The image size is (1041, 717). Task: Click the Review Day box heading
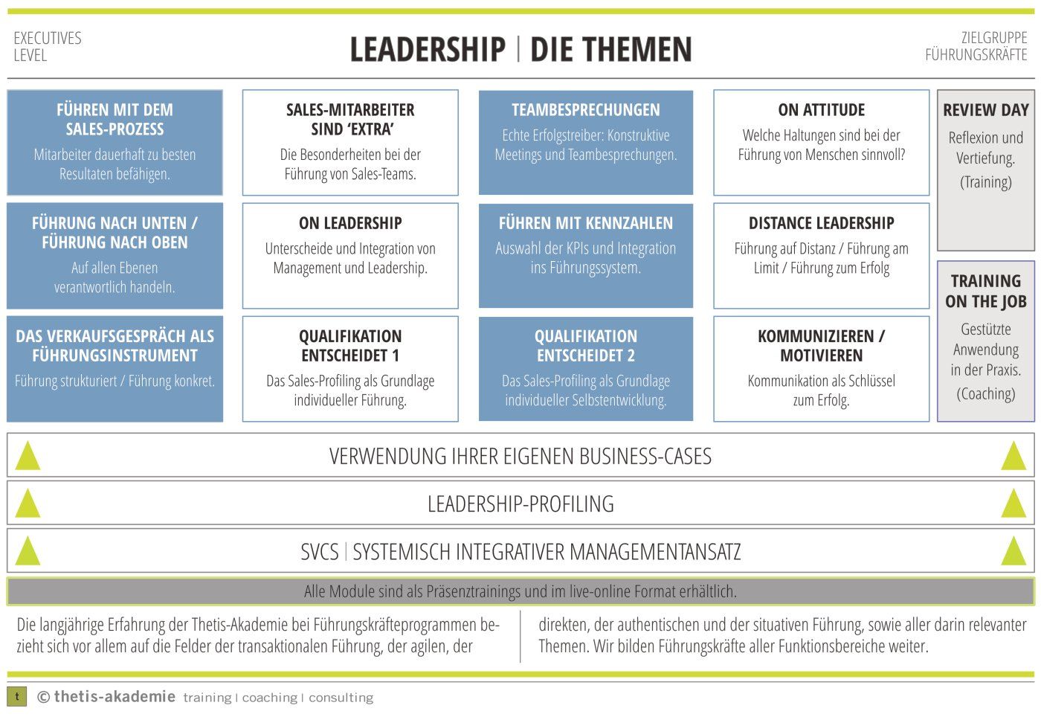click(x=985, y=110)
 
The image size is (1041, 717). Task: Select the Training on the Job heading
click(x=985, y=291)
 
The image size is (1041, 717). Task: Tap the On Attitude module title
click(x=821, y=110)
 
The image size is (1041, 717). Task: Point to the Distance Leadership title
click(x=821, y=223)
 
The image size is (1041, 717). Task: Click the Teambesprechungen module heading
click(x=585, y=110)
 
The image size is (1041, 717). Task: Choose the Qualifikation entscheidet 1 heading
click(x=350, y=346)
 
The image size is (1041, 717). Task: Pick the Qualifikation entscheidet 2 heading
click(x=585, y=346)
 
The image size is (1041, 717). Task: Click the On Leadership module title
click(x=350, y=223)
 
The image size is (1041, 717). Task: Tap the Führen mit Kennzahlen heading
click(x=585, y=223)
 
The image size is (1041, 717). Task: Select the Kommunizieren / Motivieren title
click(x=821, y=346)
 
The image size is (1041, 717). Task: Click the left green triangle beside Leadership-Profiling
click(x=28, y=504)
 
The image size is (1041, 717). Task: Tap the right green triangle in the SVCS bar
click(x=1013, y=551)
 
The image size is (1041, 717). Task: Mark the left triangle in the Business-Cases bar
click(x=28, y=456)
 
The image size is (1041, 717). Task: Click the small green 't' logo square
click(x=16, y=697)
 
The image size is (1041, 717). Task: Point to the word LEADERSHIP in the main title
click(x=428, y=50)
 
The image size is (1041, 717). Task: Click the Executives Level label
click(x=48, y=46)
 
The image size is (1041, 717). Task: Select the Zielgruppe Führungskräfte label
click(x=977, y=46)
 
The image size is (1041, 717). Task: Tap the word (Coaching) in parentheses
click(x=985, y=393)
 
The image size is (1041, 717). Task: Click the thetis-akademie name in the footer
click(x=115, y=697)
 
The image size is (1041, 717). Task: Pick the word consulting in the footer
click(x=341, y=698)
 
